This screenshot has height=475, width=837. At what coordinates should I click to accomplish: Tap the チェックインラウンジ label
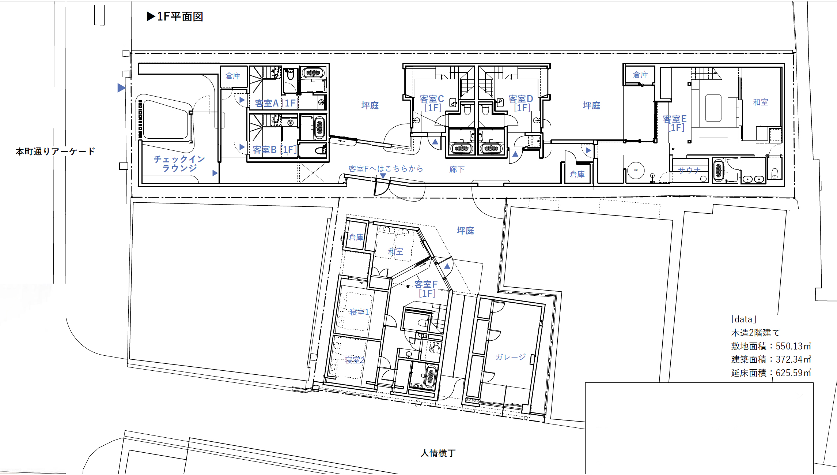179,164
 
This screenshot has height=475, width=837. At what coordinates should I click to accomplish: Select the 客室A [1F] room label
277,103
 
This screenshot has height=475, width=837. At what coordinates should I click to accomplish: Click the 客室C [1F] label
432,103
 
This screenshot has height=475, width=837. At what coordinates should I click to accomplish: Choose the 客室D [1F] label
521,103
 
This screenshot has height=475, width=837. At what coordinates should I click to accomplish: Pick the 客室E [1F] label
675,123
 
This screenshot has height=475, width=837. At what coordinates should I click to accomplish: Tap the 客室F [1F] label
426,289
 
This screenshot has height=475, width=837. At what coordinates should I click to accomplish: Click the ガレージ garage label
511,357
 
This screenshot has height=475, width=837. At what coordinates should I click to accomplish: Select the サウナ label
689,170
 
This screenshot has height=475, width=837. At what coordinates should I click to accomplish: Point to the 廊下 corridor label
457,169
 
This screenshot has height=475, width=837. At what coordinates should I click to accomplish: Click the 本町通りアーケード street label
55,151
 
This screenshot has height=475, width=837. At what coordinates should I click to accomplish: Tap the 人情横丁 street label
438,453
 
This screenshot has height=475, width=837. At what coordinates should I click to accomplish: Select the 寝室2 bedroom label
355,360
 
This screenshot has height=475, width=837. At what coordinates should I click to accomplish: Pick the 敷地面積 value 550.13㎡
794,346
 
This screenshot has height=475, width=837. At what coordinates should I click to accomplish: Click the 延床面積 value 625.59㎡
794,373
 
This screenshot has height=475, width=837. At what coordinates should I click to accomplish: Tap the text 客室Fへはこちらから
386,169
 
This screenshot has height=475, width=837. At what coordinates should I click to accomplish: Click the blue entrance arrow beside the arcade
121,88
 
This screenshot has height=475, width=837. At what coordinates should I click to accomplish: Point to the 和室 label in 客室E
761,102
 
